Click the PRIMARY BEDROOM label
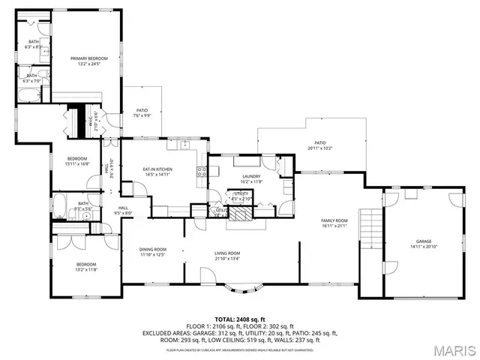pyautogui.click(x=89, y=61)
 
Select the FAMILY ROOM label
pyautogui.click(x=335, y=223)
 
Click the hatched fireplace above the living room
pyautogui.click(x=241, y=214)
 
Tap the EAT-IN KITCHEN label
pyautogui.click(x=157, y=173)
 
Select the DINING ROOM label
pyautogui.click(x=152, y=252)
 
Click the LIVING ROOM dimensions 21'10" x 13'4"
pyautogui.click(x=227, y=259)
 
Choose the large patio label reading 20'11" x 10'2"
pyautogui.click(x=320, y=145)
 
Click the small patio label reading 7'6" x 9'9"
pyautogui.click(x=142, y=113)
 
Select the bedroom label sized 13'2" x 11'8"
pyautogui.click(x=87, y=266)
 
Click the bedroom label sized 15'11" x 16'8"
pyautogui.click(x=77, y=161)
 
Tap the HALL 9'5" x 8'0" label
pyautogui.click(x=123, y=211)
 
